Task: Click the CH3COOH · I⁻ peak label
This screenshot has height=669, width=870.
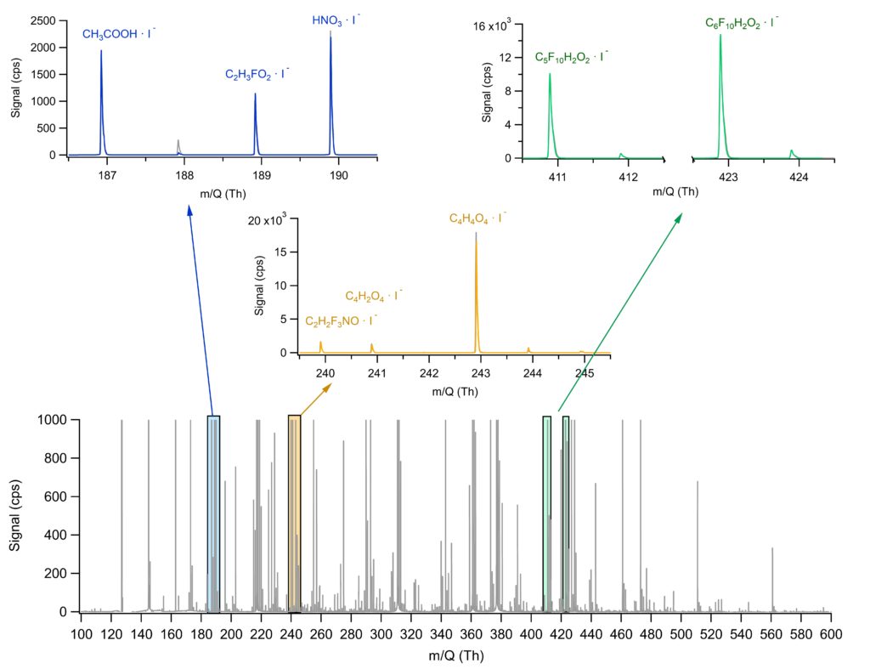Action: coord(119,35)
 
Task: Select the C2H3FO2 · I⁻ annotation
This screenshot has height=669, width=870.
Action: coord(257,75)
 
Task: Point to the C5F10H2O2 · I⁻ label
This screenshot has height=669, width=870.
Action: coord(571,57)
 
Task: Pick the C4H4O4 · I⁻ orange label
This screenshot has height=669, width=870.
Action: coord(477,218)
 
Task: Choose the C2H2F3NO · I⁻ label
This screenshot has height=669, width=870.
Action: coord(342,320)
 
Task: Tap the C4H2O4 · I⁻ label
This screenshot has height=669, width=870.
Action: coord(374,296)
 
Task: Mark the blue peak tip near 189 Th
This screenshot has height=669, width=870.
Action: coord(255,95)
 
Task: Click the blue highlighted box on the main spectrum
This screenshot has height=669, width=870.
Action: coord(213,513)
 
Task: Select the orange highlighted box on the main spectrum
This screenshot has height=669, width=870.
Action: coord(294,513)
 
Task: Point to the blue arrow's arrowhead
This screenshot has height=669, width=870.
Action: coord(189,209)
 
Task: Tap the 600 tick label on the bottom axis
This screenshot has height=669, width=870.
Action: coord(830,633)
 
